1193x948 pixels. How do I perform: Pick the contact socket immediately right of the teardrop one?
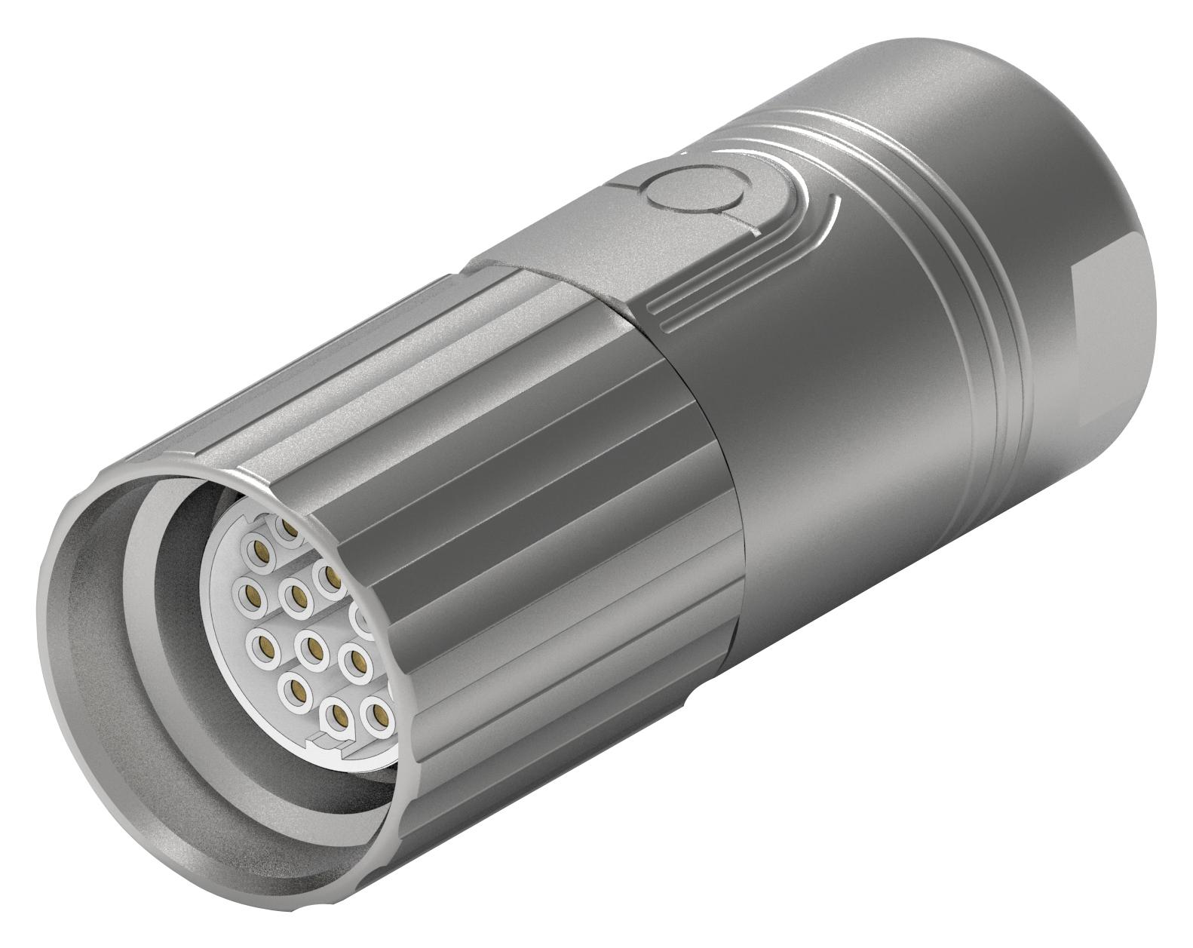click(377, 712)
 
